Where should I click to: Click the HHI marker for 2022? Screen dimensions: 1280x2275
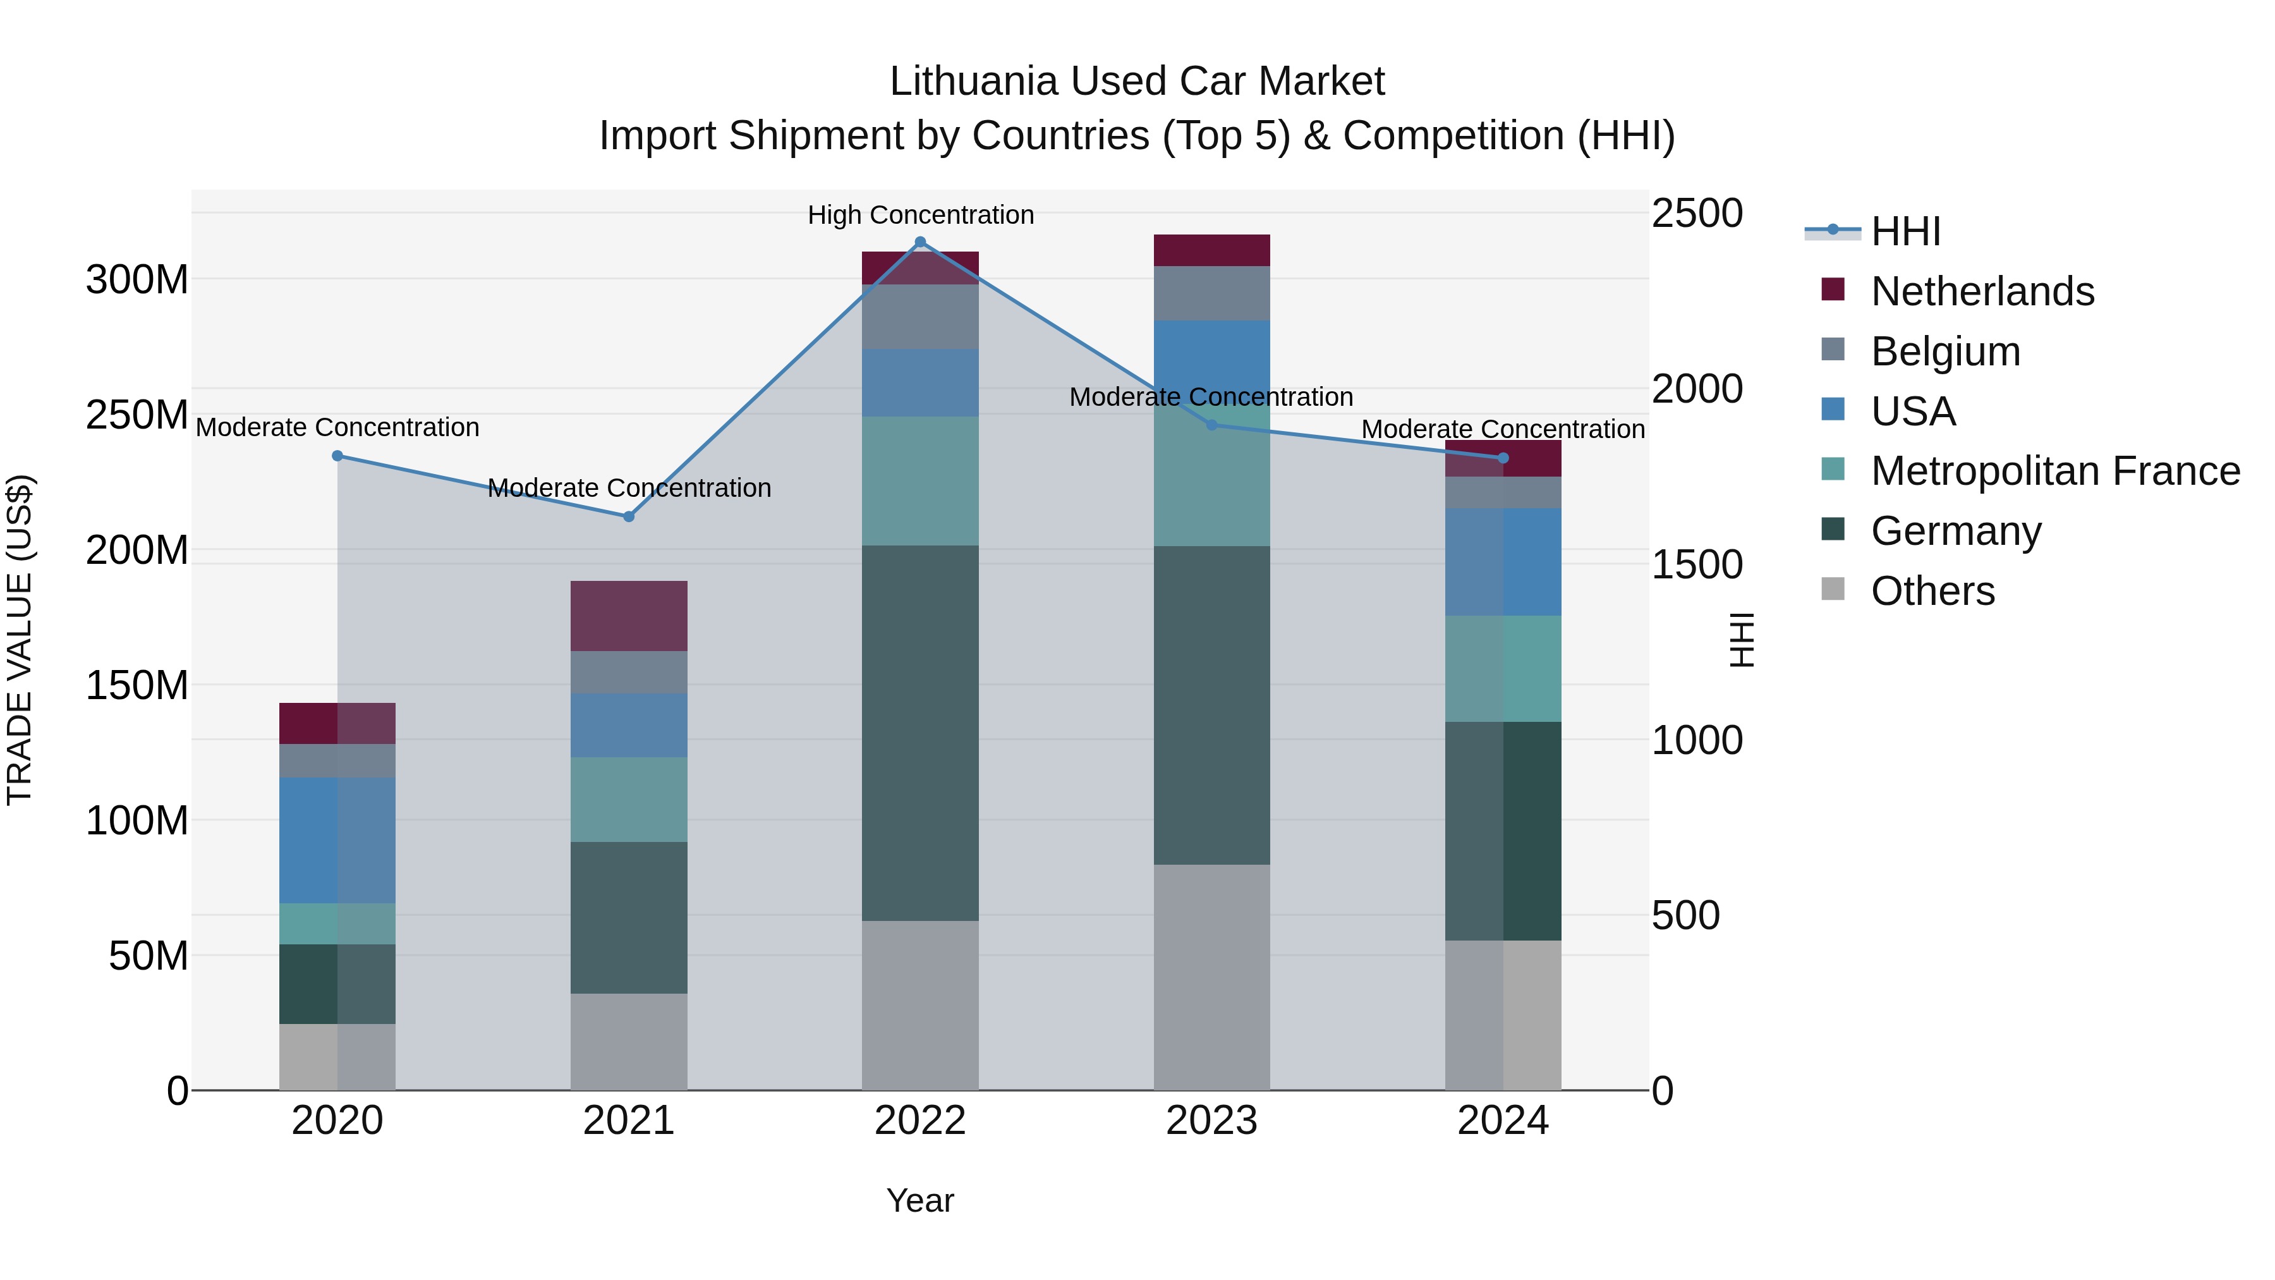pyautogui.click(x=920, y=242)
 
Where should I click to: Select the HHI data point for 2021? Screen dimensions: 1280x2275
pyautogui.click(x=629, y=517)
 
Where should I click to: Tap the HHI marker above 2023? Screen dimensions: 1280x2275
pyautogui.click(x=1211, y=425)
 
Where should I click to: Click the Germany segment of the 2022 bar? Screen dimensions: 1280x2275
pyautogui.click(x=920, y=733)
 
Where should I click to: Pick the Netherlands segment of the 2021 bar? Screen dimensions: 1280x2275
pyautogui.click(x=629, y=616)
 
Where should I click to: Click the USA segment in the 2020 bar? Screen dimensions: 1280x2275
pyautogui.click(x=337, y=840)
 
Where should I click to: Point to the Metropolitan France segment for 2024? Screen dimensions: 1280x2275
pyautogui.click(x=1503, y=669)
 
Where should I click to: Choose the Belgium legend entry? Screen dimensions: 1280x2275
pyautogui.click(x=1944, y=351)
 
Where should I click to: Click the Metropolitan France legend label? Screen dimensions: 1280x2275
pyautogui.click(x=2055, y=472)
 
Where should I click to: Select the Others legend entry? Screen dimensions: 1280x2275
pyautogui.click(x=1932, y=591)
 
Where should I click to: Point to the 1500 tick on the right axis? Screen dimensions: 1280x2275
pyautogui.click(x=1697, y=565)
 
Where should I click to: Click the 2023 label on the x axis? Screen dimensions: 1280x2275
pyautogui.click(x=1211, y=1121)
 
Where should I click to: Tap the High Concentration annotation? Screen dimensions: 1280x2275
pyautogui.click(x=920, y=215)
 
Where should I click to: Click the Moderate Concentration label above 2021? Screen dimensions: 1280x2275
pyautogui.click(x=629, y=487)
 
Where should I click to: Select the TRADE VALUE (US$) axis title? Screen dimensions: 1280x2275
pyautogui.click(x=20, y=640)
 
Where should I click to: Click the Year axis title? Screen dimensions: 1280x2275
pyautogui.click(x=920, y=1200)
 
